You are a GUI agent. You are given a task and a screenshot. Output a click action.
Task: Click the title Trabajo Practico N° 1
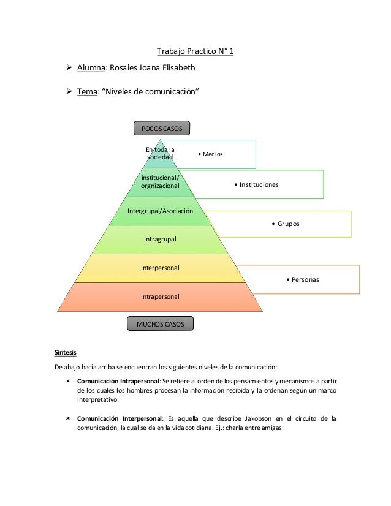195,51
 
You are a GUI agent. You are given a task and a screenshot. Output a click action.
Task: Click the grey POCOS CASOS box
162,128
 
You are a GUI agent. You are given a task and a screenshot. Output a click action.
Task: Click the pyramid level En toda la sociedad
160,153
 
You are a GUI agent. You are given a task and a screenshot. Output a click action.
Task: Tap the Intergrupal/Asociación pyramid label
160,211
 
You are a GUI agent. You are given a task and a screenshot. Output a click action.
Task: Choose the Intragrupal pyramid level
160,239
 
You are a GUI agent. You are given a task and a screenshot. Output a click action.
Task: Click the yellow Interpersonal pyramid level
160,268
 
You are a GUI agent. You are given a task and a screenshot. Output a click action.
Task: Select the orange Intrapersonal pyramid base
160,296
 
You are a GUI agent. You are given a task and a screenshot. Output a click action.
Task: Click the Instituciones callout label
256,184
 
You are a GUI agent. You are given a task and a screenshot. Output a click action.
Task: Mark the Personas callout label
302,280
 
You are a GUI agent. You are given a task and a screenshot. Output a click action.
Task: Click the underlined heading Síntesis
66,352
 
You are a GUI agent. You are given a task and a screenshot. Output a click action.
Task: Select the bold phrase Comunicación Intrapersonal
115,382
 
